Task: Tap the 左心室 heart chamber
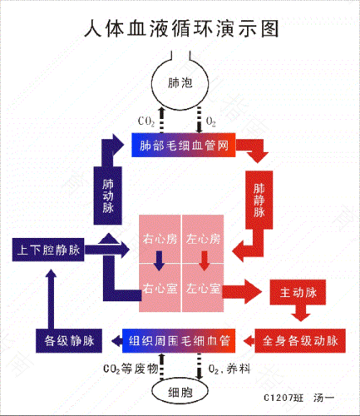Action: (204, 290)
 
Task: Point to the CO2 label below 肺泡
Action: (145, 121)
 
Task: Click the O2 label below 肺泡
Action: (210, 121)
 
